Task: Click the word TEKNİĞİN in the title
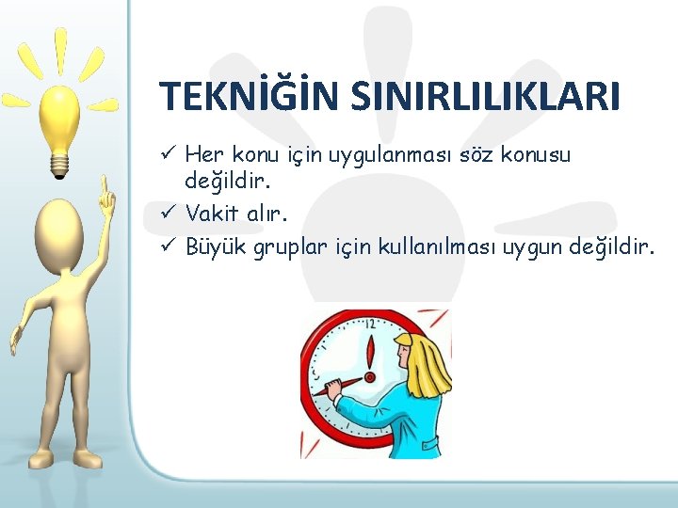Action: pos(243,97)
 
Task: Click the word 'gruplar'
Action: pos(291,248)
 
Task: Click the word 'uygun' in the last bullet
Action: pos(533,248)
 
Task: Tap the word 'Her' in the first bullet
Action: pos(202,152)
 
